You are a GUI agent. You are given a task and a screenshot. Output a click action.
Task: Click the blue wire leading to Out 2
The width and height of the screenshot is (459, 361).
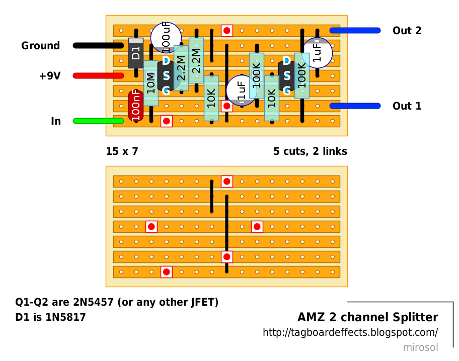coord(355,31)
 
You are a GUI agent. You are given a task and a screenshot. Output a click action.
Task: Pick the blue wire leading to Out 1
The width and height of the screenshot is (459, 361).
coord(355,106)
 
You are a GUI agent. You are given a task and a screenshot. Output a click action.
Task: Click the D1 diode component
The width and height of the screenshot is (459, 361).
coord(136,53)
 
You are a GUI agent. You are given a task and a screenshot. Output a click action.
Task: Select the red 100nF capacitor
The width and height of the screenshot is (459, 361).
coord(135,105)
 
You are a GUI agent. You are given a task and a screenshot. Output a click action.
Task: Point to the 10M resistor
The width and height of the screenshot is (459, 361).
coord(151,83)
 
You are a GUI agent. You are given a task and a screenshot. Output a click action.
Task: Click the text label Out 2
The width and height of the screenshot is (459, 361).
coord(407,31)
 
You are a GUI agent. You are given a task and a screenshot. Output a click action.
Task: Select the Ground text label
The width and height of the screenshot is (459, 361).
coord(40,46)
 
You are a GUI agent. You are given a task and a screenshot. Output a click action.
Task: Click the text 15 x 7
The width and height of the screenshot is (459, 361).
coord(122,151)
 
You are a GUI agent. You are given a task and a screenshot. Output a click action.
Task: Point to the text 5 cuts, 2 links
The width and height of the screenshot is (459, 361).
coord(310,151)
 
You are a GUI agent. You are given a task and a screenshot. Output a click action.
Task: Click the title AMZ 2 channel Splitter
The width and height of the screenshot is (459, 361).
coord(367,318)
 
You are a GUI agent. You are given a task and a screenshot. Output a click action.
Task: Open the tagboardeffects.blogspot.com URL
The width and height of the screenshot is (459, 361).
coord(350,333)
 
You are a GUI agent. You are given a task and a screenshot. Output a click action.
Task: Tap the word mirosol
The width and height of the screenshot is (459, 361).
coord(420,347)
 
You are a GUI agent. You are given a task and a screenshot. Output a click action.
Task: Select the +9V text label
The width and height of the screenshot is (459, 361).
coord(49,76)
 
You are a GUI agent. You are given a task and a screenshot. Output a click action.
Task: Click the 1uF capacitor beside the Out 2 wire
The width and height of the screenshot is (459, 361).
coord(318,52)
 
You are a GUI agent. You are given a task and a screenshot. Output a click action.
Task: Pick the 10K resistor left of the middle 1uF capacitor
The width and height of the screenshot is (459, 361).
coord(211,98)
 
